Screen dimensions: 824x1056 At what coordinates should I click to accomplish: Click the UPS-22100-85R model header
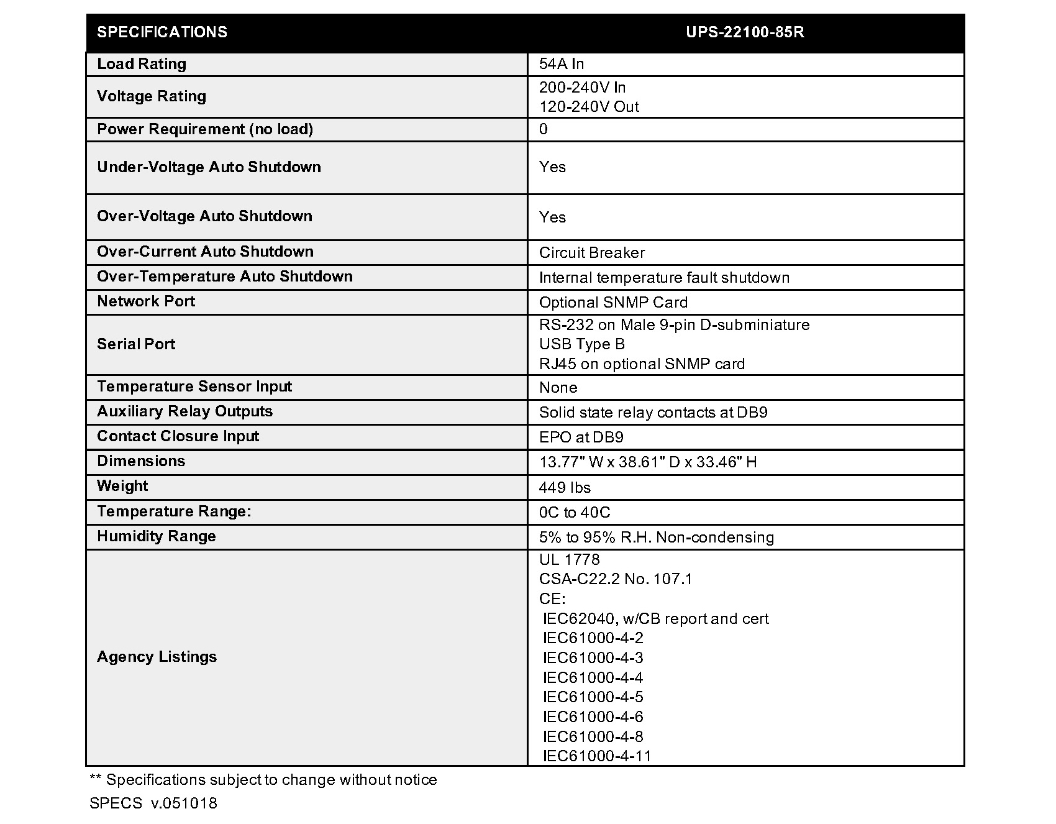(745, 32)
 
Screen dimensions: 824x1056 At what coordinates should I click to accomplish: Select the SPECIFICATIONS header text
(162, 32)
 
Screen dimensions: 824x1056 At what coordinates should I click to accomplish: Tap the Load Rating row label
(142, 64)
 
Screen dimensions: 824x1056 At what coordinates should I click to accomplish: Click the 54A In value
(562, 64)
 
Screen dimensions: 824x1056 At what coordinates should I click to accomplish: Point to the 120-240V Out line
(589, 107)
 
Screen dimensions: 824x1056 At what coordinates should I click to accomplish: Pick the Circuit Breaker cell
(592, 253)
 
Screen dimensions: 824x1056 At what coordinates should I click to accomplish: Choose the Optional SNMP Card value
(613, 303)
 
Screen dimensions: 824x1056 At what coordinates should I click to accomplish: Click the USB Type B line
(582, 344)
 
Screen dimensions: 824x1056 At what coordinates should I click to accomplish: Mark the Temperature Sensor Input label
(194, 387)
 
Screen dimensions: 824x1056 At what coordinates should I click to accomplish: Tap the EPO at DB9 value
(581, 437)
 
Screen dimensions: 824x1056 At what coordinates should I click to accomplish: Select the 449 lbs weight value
(565, 488)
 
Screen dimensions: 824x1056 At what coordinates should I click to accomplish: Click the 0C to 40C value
(575, 513)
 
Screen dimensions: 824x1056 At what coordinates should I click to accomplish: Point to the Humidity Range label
(157, 536)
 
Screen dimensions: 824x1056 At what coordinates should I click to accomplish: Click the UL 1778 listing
(569, 560)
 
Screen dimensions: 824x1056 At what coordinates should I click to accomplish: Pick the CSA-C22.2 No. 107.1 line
(616, 579)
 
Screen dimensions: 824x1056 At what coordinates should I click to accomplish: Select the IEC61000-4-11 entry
(597, 756)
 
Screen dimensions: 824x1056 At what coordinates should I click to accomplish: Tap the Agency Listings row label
(157, 657)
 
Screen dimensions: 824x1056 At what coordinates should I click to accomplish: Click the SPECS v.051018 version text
(153, 803)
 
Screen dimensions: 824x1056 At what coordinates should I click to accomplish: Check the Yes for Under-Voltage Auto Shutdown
(552, 167)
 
